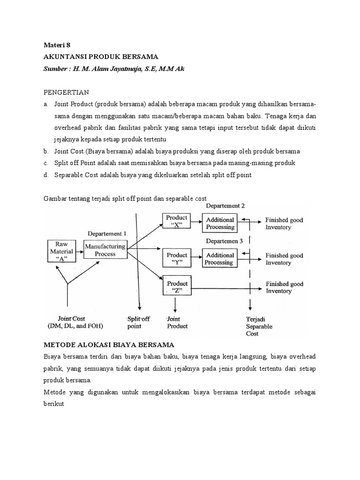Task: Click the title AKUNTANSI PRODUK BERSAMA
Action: [101, 57]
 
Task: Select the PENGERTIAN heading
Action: [66, 93]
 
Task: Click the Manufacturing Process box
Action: [105, 250]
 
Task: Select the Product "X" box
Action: [176, 221]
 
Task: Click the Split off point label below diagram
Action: [138, 322]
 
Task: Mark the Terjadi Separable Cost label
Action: [260, 326]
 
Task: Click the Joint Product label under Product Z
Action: [177, 322]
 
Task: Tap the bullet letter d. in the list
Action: [45, 175]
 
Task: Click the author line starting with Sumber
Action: [114, 68]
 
